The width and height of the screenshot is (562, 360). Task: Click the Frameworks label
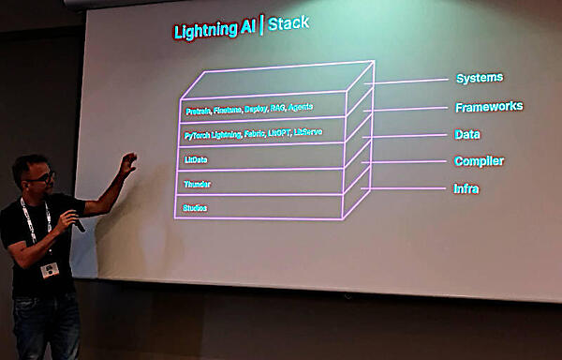(488, 106)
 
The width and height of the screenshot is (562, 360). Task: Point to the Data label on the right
(467, 134)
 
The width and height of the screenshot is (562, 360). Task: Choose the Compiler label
(479, 161)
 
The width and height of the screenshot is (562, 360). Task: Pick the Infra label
(467, 188)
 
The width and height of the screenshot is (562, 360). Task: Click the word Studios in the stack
(195, 207)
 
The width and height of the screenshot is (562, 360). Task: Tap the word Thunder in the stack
(196, 184)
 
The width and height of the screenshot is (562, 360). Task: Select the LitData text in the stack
(196, 159)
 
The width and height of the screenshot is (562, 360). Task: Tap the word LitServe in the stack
(308, 132)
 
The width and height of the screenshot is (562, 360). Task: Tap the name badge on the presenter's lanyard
(48, 270)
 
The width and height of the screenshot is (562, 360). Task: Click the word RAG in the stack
(278, 108)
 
